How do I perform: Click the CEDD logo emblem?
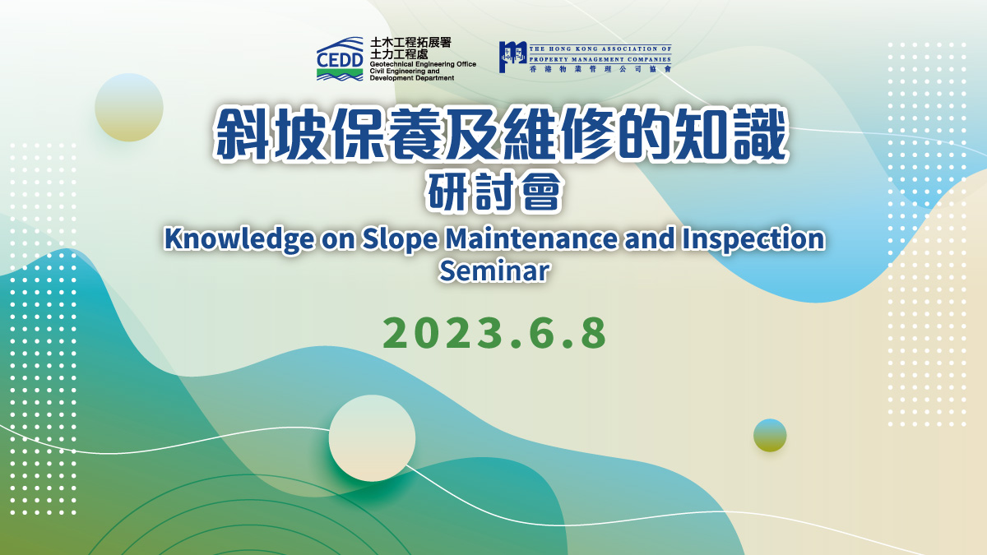(340, 59)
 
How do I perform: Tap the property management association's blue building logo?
(513, 57)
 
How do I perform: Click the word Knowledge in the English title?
(239, 239)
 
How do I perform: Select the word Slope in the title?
(400, 239)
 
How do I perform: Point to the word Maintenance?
(531, 238)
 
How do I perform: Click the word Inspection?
(753, 239)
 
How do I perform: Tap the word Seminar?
(494, 271)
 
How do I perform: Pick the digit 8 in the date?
(593, 333)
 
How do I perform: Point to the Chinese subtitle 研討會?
(494, 192)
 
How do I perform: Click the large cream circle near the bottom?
(372, 437)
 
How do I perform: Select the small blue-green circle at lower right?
(770, 435)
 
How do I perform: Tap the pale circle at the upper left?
(129, 107)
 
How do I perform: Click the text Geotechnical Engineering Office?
(423, 64)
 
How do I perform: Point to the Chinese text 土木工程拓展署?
(410, 43)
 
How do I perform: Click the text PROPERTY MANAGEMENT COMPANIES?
(600, 59)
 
